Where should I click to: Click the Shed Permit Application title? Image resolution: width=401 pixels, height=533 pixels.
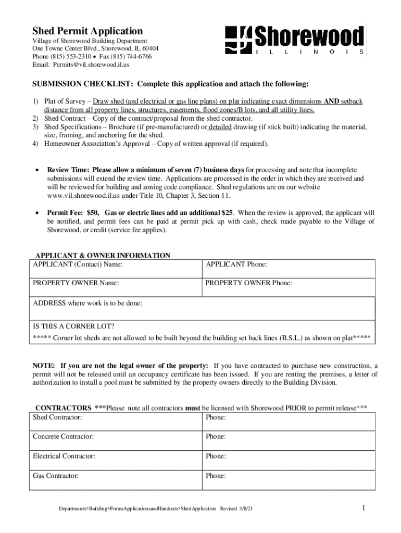pos(87,31)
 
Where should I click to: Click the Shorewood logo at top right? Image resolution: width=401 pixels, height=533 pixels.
pos(294,40)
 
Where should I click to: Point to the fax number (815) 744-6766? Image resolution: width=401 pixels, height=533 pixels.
pos(130,57)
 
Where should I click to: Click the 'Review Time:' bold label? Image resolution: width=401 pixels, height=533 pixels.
pos(68,170)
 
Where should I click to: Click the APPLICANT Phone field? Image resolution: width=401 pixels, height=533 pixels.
pos(288,269)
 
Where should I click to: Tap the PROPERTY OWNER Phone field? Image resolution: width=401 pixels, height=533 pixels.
pos(288,288)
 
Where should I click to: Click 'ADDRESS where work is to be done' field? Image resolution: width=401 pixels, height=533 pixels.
pos(203,308)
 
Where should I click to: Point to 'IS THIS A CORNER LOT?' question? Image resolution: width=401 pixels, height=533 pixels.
pos(74,327)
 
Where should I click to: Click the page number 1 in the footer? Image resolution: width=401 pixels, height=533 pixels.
pos(363,508)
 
